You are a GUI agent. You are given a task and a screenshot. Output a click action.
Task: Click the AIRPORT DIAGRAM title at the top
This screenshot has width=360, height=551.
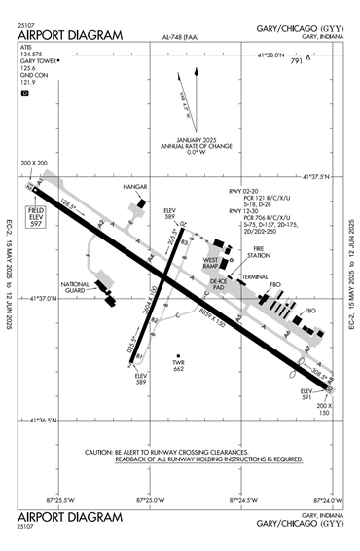click(70, 36)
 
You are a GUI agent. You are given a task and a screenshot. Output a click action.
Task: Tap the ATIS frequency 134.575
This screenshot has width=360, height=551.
click(31, 55)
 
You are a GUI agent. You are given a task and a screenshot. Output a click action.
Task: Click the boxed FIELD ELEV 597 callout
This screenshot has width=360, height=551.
click(37, 218)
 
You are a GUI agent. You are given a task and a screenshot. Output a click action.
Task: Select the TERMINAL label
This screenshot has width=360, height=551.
click(256, 276)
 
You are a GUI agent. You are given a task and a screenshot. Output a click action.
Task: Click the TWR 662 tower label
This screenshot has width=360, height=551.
click(178, 366)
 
